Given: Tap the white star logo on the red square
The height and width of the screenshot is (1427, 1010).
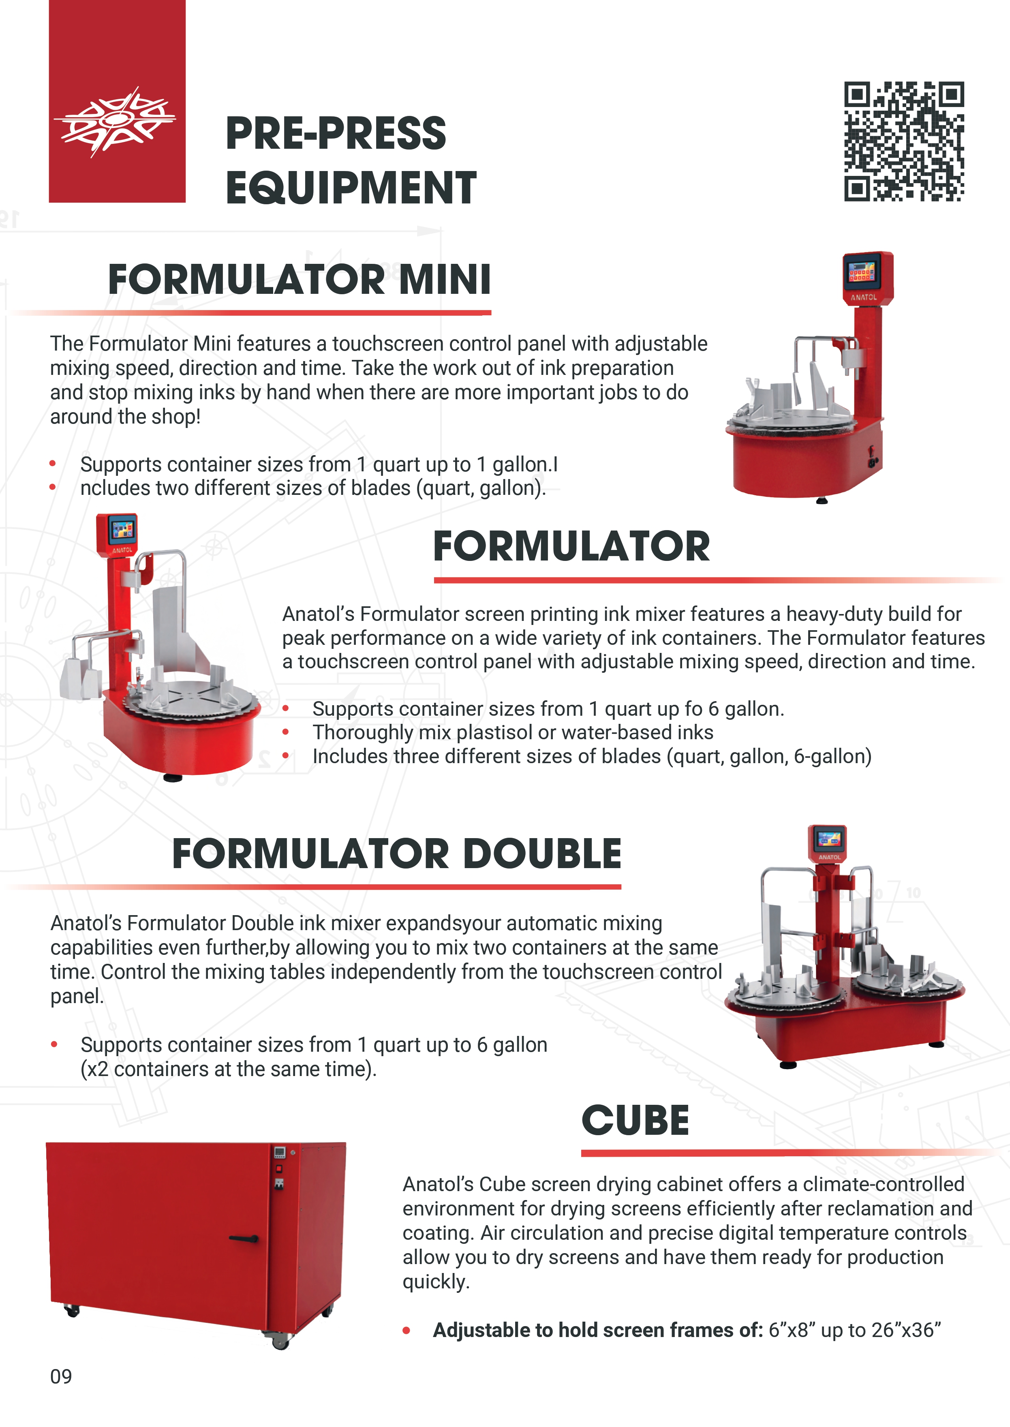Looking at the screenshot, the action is point(115,121).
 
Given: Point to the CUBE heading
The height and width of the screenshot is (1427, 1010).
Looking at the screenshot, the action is point(636,1121).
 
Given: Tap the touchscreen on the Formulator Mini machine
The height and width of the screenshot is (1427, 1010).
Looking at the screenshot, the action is point(862,271).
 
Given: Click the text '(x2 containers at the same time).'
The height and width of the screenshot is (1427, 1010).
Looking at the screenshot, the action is point(228,1069).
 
